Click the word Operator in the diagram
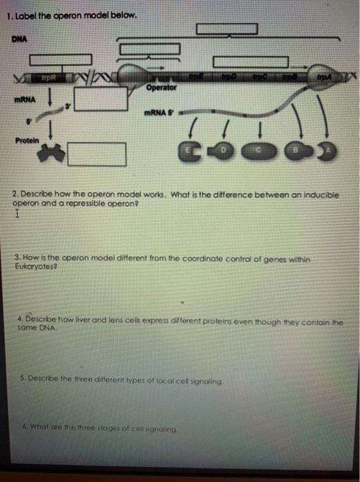(x=162, y=88)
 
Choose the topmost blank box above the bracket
(x=226, y=30)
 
